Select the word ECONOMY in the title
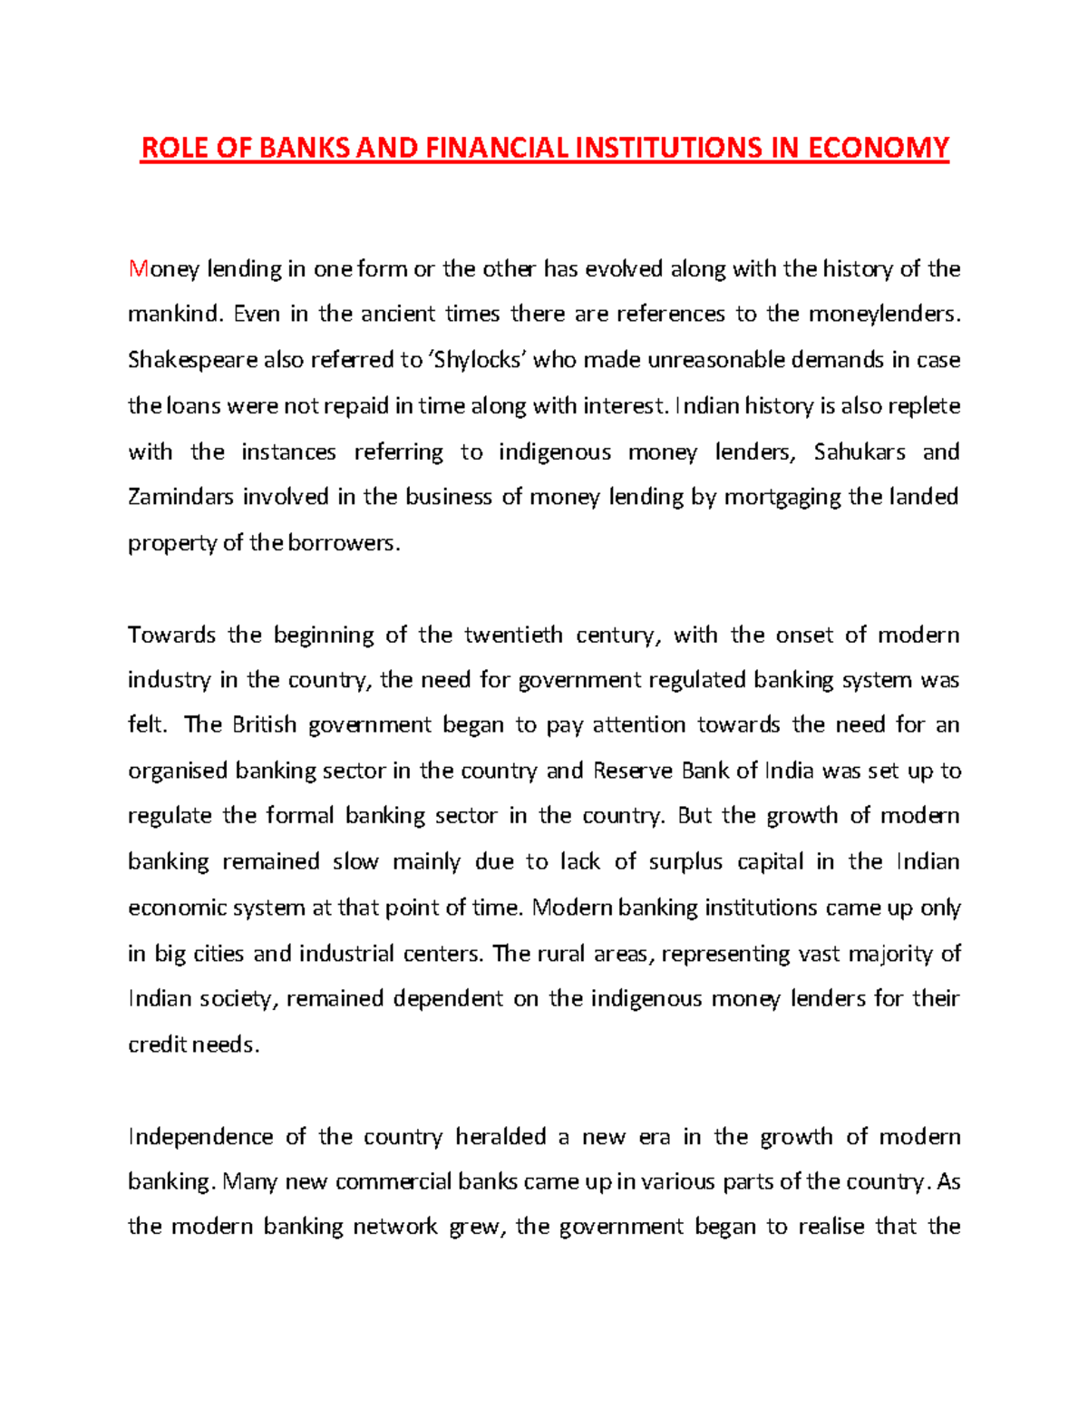pyautogui.click(x=878, y=148)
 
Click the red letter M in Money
pyautogui.click(x=138, y=269)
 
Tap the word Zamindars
pyautogui.click(x=181, y=497)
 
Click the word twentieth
pyautogui.click(x=513, y=635)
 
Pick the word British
pyautogui.click(x=264, y=725)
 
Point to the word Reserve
pyautogui.click(x=632, y=771)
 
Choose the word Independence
pyautogui.click(x=200, y=1137)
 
